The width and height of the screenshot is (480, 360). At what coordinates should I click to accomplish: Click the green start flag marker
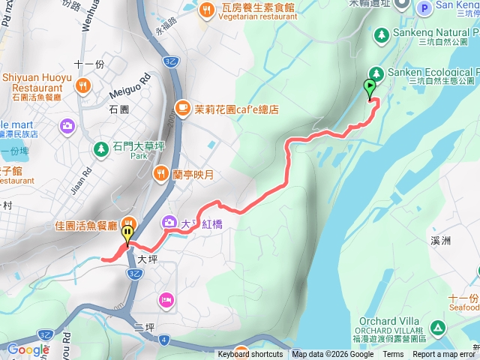370,87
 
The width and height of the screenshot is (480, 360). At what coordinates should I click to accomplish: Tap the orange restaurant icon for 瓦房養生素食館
205,10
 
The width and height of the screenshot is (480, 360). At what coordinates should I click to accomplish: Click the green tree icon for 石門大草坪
100,148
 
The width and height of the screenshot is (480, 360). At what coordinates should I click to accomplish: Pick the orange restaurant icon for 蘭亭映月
160,175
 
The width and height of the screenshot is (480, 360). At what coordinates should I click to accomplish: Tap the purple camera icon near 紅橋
169,223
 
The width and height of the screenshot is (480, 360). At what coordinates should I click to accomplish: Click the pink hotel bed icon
166,300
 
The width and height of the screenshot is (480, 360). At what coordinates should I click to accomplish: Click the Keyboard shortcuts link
250,355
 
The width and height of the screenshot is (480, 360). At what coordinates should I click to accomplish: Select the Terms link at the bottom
393,355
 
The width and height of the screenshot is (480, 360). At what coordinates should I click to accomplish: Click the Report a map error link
447,355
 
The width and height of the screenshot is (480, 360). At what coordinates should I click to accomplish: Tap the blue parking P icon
424,8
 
